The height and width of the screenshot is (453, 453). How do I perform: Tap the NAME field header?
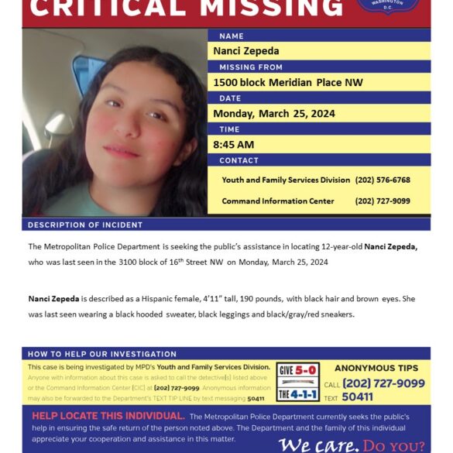click(x=231, y=36)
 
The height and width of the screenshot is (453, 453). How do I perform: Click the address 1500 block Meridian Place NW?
click(x=288, y=83)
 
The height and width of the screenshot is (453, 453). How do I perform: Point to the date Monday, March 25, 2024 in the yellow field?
click(x=274, y=113)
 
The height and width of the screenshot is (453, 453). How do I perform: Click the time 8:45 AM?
click(x=233, y=144)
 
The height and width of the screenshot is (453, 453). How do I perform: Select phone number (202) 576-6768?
click(x=382, y=180)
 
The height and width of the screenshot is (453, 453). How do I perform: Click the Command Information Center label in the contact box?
click(x=278, y=201)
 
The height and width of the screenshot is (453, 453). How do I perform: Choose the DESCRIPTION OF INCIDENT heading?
click(x=85, y=225)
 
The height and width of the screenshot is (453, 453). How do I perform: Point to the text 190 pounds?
click(x=259, y=298)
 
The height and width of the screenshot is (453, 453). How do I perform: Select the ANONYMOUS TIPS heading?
click(x=376, y=368)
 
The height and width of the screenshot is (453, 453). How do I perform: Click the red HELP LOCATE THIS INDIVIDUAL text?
click(x=108, y=416)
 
